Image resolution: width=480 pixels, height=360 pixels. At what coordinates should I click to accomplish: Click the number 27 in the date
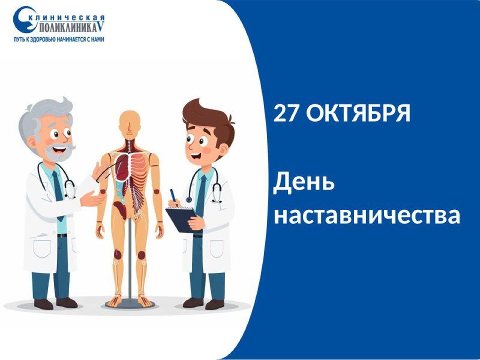[x=286, y=113]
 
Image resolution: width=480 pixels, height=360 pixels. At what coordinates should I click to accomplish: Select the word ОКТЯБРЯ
[x=358, y=113]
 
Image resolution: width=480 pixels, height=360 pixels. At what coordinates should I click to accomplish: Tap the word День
[x=304, y=182]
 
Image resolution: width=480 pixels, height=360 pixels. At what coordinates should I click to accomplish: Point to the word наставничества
[x=367, y=215]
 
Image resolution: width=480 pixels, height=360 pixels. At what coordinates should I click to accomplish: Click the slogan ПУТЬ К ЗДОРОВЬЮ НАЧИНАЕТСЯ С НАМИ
[x=59, y=40]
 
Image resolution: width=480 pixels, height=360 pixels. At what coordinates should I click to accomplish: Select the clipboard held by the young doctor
[x=181, y=219]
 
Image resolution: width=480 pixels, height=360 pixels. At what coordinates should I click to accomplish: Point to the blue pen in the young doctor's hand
[x=173, y=196]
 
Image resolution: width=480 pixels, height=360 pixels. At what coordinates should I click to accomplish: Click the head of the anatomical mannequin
[x=130, y=125]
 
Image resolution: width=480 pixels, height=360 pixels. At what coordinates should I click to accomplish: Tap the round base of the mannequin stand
[x=130, y=304]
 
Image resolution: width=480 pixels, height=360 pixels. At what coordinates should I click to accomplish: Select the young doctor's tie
[x=201, y=196]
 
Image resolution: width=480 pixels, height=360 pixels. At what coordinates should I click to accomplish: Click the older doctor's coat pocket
[x=42, y=248]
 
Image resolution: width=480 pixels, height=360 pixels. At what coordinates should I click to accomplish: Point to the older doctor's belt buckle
[x=62, y=235]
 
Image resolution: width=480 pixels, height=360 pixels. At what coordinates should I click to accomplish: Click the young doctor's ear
[x=223, y=150]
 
